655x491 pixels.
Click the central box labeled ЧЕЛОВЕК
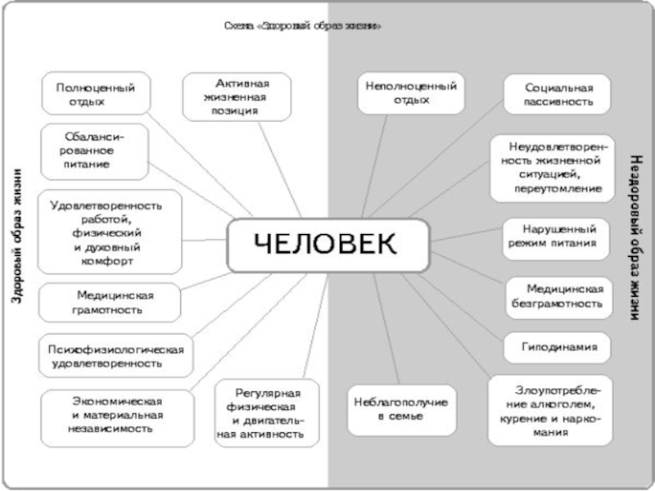327,245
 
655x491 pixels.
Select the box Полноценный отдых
96,94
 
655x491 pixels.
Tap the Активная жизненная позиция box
237,96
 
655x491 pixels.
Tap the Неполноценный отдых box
406,93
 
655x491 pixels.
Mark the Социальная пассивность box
558,95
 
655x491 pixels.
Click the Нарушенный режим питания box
554,236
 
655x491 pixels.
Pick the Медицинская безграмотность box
558,296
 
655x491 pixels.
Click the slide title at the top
304,25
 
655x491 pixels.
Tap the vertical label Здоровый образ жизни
17,237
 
